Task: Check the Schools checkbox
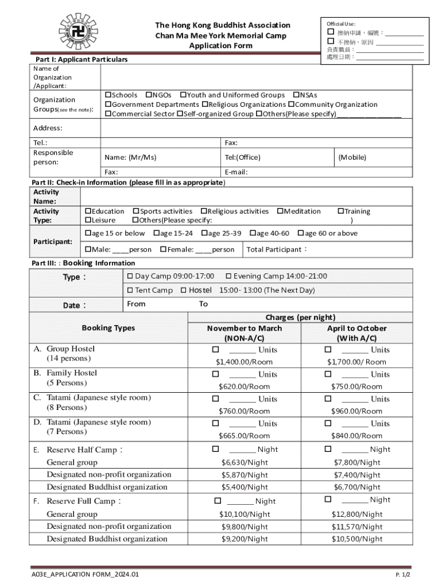[107, 95]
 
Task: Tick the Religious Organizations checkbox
[204, 105]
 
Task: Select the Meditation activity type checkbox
[280, 211]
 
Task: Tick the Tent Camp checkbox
[130, 291]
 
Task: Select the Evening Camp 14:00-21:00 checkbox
[228, 276]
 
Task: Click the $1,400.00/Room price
[244, 362]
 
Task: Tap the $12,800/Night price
[356, 514]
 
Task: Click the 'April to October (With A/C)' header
[356, 334]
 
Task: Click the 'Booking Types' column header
[108, 328]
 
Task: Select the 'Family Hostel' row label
[72, 373]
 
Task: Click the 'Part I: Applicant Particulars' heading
[81, 59]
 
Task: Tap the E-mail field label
[236, 172]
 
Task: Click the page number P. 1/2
[403, 574]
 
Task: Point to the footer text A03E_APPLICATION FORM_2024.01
[85, 574]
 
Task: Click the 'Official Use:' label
[341, 24]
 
